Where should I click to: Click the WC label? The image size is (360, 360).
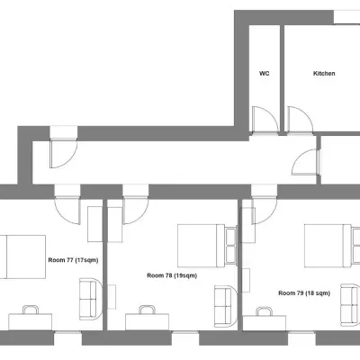point(265,74)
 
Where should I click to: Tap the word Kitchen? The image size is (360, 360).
point(324,74)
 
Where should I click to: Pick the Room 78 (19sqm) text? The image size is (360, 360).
point(171,275)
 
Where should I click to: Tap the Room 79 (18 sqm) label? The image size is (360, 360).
point(304,292)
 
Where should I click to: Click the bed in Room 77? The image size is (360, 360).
point(22,256)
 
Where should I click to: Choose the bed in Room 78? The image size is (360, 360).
point(200,243)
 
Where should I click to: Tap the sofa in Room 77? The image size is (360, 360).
point(91,298)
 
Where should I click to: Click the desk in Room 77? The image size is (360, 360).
point(31,319)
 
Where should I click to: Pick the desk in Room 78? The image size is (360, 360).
point(145,319)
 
